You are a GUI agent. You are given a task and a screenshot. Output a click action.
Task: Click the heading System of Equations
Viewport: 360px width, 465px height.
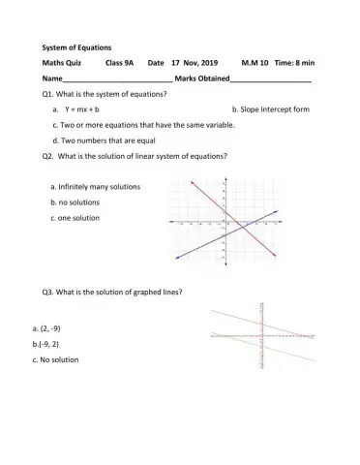pyautogui.click(x=77, y=46)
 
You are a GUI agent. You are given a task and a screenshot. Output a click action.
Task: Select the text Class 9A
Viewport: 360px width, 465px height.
pyautogui.click(x=120, y=62)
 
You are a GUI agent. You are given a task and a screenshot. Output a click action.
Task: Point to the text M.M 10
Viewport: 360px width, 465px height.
pyautogui.click(x=256, y=62)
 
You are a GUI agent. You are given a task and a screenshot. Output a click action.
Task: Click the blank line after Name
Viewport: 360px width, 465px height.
pyautogui.click(x=117, y=78)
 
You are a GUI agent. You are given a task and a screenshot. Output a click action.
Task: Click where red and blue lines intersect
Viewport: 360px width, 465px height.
pyautogui.click(x=231, y=224)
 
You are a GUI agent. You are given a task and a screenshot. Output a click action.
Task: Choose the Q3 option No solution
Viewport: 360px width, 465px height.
pyautogui.click(x=58, y=359)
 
